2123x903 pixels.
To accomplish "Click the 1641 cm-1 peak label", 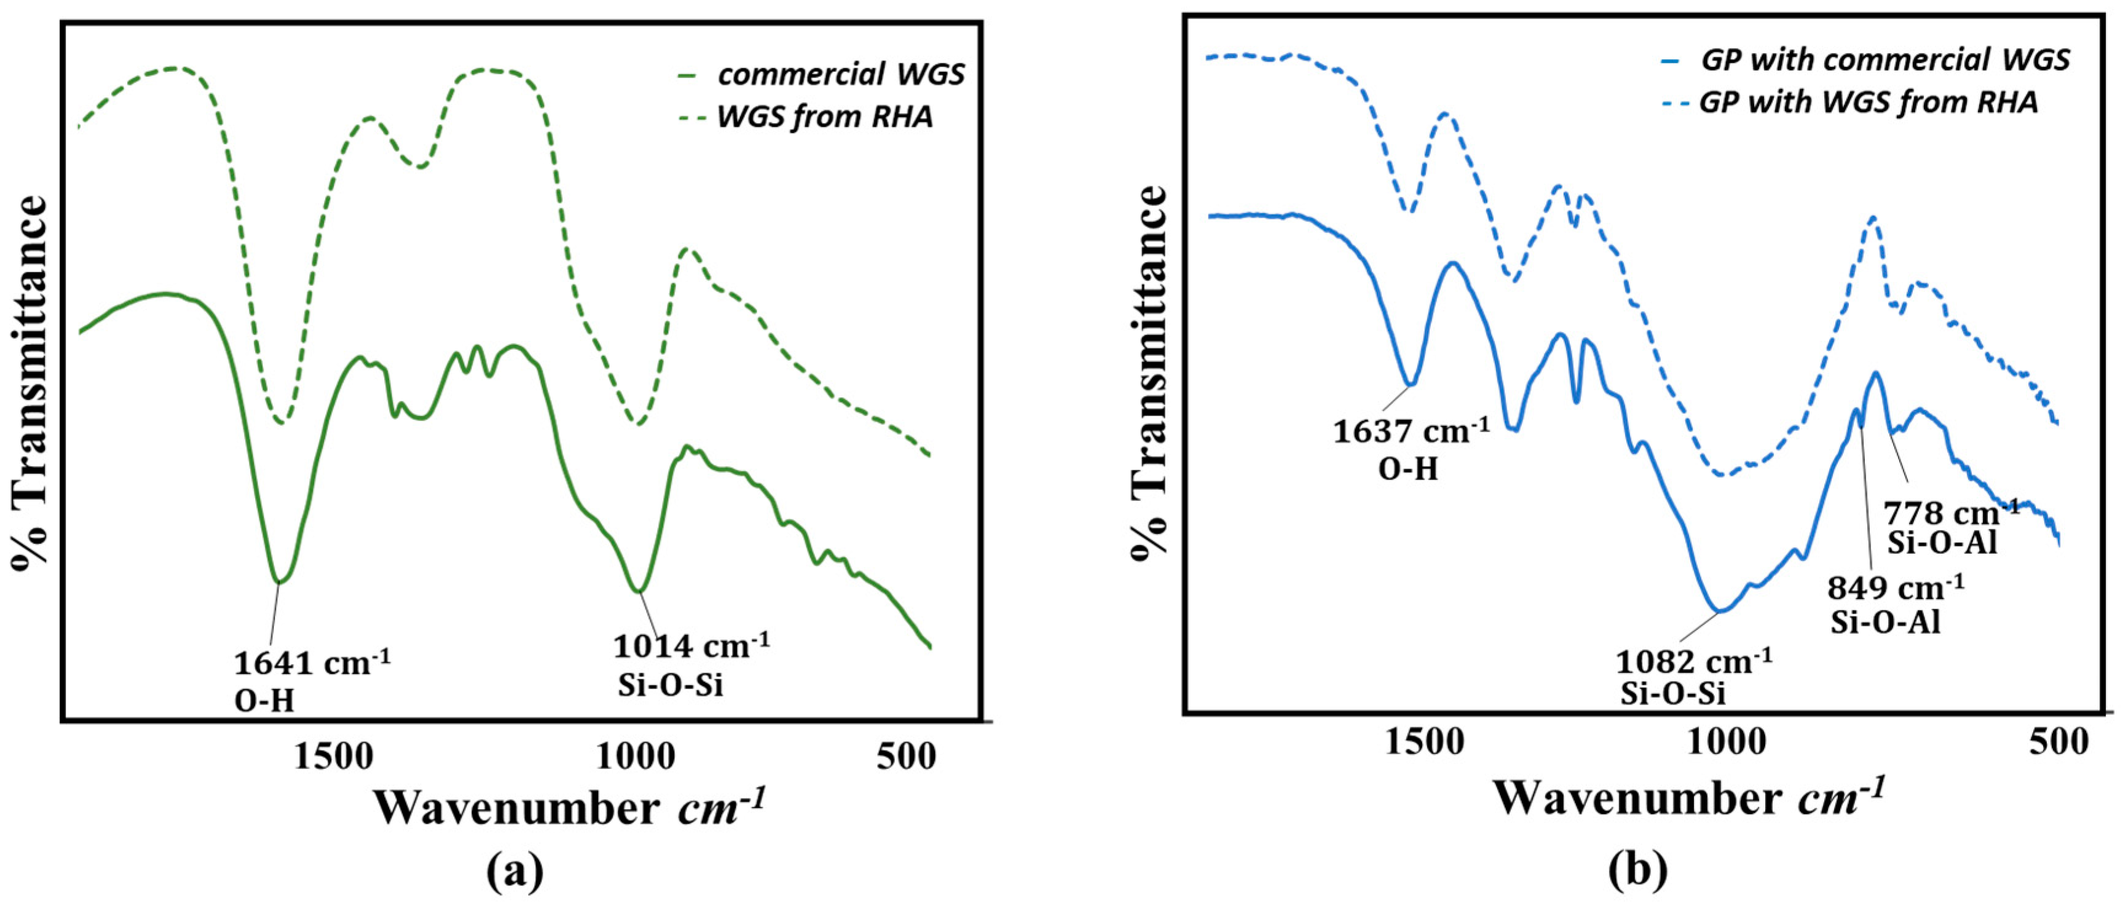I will [x=312, y=663].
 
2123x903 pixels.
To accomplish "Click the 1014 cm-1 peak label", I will [x=691, y=646].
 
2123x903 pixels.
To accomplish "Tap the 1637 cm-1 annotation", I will [x=1411, y=431].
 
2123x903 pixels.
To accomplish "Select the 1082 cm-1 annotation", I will [x=1693, y=661].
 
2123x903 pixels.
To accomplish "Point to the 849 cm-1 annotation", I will [x=1896, y=588].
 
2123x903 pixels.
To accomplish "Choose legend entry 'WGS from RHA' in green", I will [x=824, y=117].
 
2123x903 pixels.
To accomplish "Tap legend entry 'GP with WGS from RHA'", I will [x=1867, y=102].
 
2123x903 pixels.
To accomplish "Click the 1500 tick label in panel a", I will [x=334, y=756].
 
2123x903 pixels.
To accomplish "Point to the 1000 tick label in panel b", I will [x=1726, y=743].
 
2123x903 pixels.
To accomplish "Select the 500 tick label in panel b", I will [x=2058, y=743].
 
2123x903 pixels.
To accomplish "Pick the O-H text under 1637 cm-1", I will [x=1408, y=469].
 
